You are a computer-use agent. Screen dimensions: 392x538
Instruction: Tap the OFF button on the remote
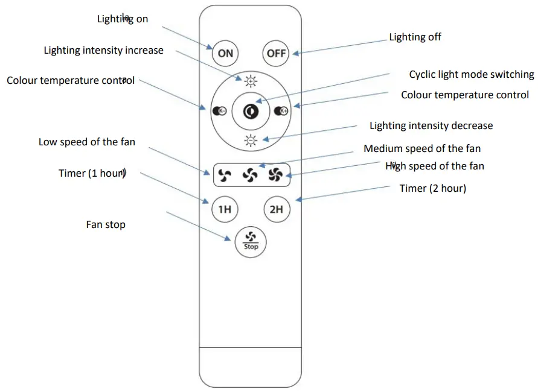pyautogui.click(x=276, y=53)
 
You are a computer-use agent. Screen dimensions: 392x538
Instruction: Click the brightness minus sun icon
pyautogui.click(x=250, y=141)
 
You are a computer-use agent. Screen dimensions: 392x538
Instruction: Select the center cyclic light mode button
pyautogui.click(x=250, y=111)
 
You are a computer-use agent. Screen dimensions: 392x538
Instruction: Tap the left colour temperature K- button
pyautogui.click(x=219, y=111)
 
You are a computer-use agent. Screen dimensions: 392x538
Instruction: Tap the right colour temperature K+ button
pyautogui.click(x=281, y=111)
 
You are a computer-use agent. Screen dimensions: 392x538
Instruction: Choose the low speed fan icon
pyautogui.click(x=224, y=175)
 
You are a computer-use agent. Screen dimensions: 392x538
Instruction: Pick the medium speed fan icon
pyautogui.click(x=250, y=175)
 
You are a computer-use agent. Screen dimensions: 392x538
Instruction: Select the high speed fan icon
pyautogui.click(x=275, y=175)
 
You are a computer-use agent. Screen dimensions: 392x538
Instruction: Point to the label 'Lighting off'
pyautogui.click(x=415, y=37)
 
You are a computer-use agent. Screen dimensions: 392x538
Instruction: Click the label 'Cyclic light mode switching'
pyautogui.click(x=471, y=75)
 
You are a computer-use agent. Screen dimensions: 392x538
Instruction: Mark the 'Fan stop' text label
pyautogui.click(x=106, y=225)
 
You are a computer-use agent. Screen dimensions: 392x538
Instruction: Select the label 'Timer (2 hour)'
pyautogui.click(x=432, y=189)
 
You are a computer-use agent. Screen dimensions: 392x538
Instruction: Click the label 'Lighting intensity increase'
pyautogui.click(x=103, y=51)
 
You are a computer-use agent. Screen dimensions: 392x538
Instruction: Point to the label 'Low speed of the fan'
pyautogui.click(x=87, y=142)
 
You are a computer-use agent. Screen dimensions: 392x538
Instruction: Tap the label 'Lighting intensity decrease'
pyautogui.click(x=431, y=126)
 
